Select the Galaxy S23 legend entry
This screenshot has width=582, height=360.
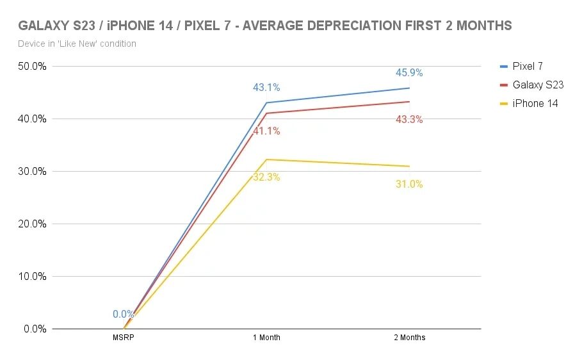[537, 85]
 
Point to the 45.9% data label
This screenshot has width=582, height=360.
[409, 73]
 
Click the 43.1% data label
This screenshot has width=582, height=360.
[266, 88]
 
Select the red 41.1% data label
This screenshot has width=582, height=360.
[266, 131]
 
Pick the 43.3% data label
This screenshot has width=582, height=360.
[409, 119]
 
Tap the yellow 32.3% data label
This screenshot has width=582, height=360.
[266, 177]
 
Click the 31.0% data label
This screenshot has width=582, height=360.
[409, 184]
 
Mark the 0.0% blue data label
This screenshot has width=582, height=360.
[123, 315]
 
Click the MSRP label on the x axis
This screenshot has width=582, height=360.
[124, 338]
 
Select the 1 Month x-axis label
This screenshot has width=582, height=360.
[266, 338]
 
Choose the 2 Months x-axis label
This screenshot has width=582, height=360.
[410, 338]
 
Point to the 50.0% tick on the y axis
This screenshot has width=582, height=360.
[31, 67]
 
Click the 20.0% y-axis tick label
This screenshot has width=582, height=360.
[31, 224]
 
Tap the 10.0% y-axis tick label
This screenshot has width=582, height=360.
[31, 277]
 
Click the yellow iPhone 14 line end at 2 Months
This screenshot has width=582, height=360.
[409, 167]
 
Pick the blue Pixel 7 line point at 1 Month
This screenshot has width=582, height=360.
[266, 102]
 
